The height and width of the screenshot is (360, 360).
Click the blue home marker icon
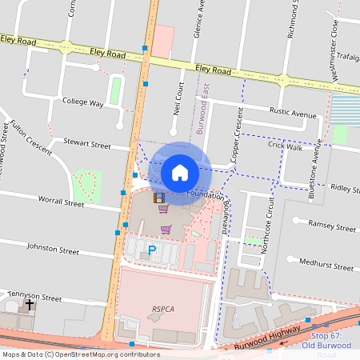tap(180, 172)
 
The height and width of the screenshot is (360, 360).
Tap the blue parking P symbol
tap(152, 251)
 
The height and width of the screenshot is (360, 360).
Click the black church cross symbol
tap(30, 305)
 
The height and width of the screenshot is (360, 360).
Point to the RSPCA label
tap(163, 306)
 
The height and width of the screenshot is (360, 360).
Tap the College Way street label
tap(83, 103)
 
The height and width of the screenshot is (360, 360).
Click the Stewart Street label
tap(89, 146)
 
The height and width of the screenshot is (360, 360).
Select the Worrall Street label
tap(62, 204)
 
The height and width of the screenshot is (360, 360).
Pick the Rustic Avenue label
tap(292, 114)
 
